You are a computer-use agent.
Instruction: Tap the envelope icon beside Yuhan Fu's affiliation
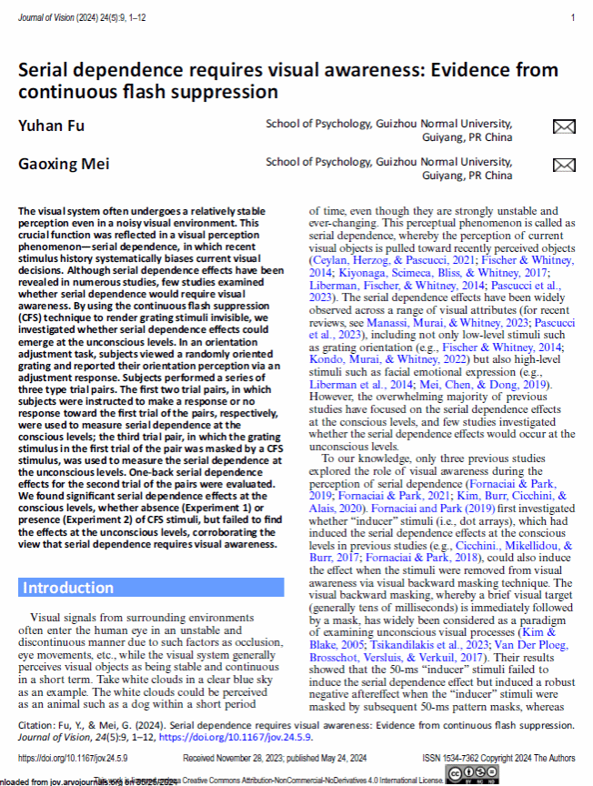564,127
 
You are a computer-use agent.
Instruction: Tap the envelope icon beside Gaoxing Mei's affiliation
564,165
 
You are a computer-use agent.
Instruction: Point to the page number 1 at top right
572,17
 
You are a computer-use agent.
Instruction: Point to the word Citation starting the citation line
37,727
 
